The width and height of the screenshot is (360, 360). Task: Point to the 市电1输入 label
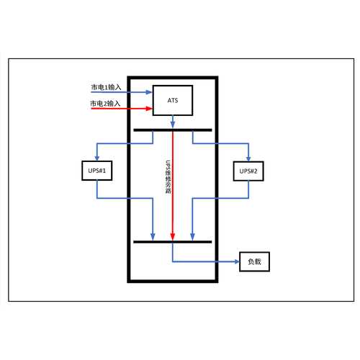click(106, 87)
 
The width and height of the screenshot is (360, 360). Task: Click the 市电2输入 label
click(105, 104)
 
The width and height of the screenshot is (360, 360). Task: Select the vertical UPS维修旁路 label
click(168, 177)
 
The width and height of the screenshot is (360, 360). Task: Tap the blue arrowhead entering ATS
click(149, 92)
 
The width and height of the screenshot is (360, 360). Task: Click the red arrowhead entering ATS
click(149, 109)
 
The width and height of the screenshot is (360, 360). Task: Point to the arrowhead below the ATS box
click(173, 125)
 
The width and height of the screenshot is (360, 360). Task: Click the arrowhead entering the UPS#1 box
click(97, 158)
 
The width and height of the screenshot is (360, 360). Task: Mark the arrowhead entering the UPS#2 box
click(248, 158)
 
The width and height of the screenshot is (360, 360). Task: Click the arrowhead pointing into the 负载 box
click(236, 261)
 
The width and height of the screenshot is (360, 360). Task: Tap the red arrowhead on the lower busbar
click(173, 237)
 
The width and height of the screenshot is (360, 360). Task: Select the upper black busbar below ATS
click(173, 130)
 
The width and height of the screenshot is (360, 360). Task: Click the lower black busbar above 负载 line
click(173, 242)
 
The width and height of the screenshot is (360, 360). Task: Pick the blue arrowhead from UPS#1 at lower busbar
click(153, 237)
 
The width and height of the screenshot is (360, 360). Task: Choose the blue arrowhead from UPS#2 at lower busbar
click(192, 237)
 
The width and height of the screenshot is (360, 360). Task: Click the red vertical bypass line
click(173, 186)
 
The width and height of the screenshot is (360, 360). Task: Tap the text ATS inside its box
click(173, 100)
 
